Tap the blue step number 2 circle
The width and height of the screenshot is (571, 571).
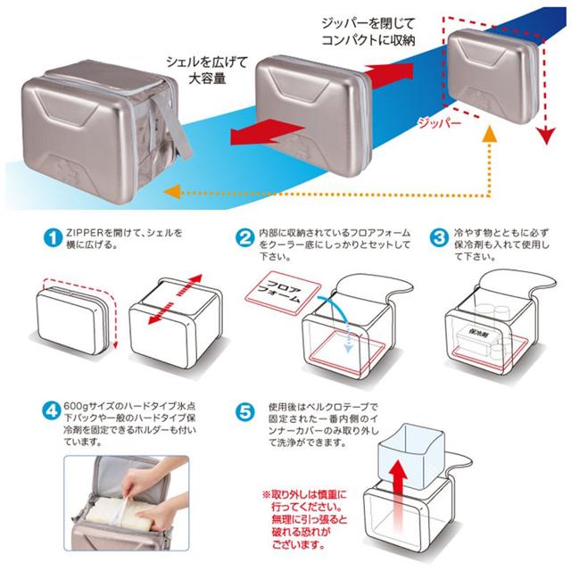(x=244, y=238)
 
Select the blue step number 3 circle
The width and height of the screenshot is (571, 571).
(x=437, y=238)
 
